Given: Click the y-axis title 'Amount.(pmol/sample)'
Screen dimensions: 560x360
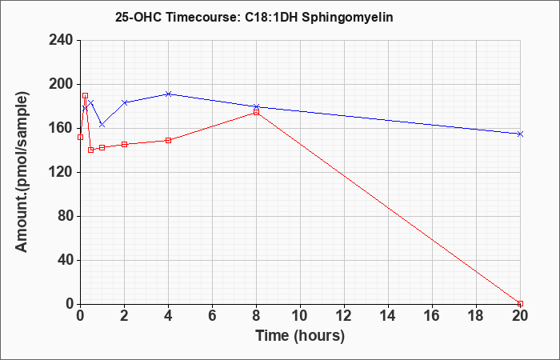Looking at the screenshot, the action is [22, 172].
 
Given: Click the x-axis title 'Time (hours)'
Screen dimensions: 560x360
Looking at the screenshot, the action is [300, 336].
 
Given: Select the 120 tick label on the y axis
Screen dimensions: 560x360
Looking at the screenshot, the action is [60, 173].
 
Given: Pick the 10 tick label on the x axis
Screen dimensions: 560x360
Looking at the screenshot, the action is [300, 316].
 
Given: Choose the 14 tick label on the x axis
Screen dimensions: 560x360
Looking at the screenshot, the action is [388, 316].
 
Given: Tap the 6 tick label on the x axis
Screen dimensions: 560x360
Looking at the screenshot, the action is [212, 316].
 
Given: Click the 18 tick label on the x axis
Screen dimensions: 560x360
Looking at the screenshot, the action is [476, 316].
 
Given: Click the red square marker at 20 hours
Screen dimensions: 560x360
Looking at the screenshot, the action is [520, 303].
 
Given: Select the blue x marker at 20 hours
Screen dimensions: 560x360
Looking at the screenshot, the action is [520, 134].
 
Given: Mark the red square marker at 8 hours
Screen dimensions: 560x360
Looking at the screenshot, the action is [257, 113].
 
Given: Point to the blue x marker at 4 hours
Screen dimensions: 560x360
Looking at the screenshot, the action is [169, 94].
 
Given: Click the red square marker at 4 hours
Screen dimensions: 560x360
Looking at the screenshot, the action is [169, 140].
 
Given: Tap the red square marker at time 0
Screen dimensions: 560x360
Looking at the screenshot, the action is [80, 137].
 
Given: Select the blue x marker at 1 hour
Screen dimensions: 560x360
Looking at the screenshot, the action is [102, 125].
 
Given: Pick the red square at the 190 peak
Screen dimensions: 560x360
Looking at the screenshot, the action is [85, 96].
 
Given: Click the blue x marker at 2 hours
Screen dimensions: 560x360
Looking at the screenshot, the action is [124, 102].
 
